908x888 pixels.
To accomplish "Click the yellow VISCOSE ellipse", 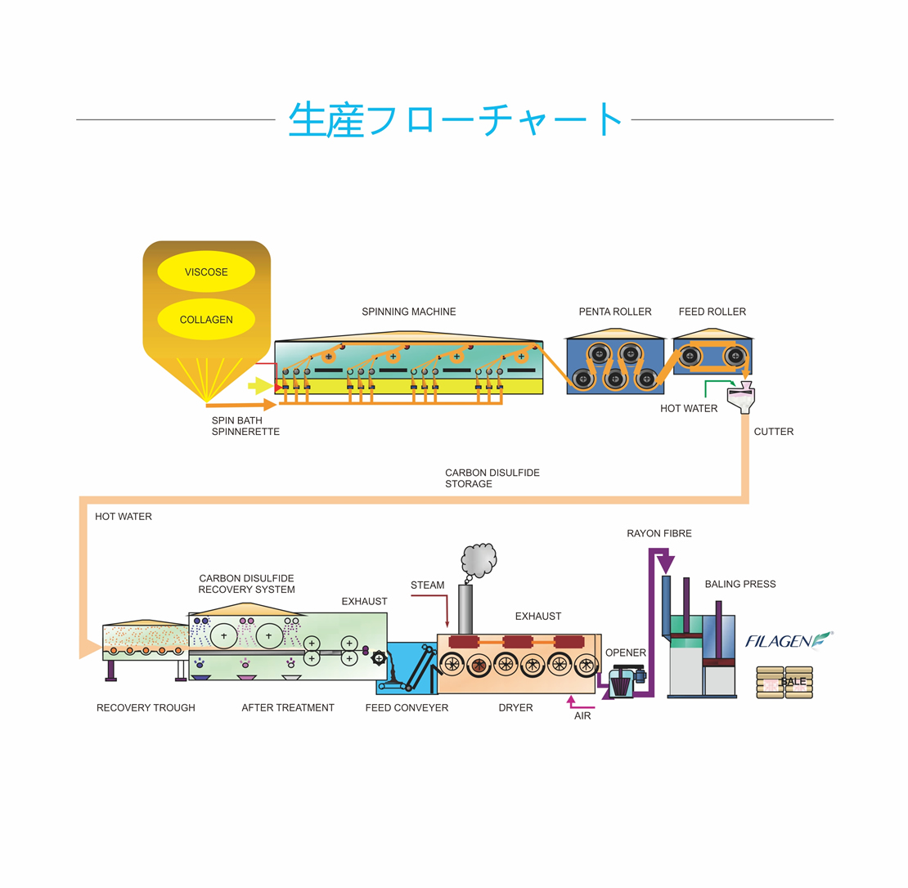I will [206, 272].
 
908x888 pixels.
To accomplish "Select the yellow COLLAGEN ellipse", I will [206, 320].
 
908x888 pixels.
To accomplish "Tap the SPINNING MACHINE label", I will [409, 312].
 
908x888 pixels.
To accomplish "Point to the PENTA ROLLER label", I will [615, 312].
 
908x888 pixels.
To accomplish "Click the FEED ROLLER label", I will [712, 312].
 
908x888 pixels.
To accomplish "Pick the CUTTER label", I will [774, 432].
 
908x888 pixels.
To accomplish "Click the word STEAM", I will [428, 585].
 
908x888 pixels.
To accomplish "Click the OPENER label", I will [626, 653].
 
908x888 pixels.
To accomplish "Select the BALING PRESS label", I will [740, 585].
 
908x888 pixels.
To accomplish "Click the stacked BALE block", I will [784, 682].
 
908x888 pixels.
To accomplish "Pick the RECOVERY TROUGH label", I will [146, 707].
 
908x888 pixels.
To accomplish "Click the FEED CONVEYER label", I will [407, 707].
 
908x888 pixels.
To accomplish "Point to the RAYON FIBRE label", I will [659, 534].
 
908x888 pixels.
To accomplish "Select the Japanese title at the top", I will [455, 119].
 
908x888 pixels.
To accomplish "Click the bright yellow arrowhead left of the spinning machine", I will [261, 385].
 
